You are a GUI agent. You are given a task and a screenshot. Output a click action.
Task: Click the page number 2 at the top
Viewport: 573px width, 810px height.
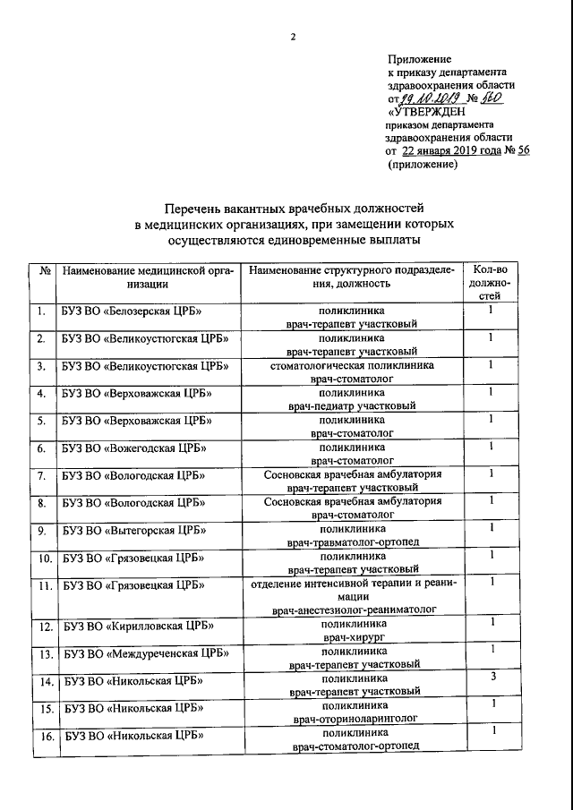(292, 37)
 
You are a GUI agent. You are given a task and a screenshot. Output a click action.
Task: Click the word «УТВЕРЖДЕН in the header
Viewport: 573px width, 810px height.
(426, 112)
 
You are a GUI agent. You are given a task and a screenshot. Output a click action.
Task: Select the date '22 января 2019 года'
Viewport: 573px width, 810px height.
(450, 151)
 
